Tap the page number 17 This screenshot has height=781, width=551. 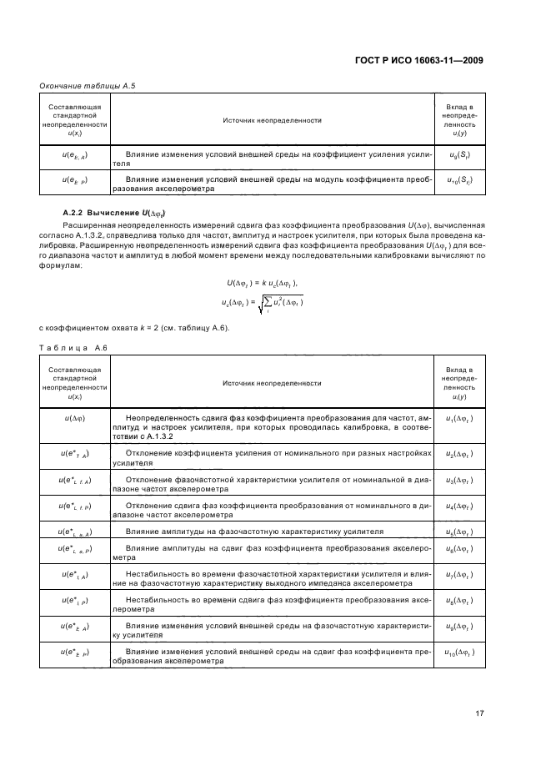click(479, 712)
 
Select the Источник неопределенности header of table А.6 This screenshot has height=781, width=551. click(272, 383)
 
